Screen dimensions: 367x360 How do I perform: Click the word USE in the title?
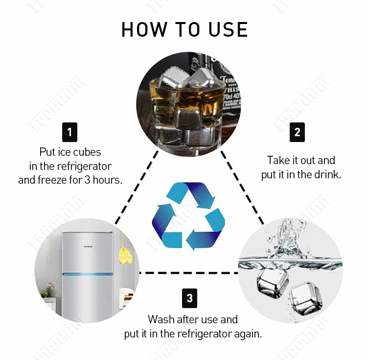[x=228, y=29]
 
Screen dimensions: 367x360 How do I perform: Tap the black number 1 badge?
[x=69, y=132]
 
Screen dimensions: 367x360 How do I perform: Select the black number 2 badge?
[x=297, y=132]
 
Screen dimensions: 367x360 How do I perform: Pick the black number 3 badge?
[x=189, y=298]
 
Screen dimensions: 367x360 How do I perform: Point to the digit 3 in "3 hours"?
[x=87, y=180]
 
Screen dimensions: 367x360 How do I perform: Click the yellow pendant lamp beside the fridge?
[x=125, y=255]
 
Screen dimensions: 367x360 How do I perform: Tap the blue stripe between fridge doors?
[x=88, y=274]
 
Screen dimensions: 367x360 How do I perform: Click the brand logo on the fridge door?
[x=88, y=247]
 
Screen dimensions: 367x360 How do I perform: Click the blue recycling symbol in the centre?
[x=188, y=216]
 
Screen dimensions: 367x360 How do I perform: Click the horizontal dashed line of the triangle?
[x=188, y=273]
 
